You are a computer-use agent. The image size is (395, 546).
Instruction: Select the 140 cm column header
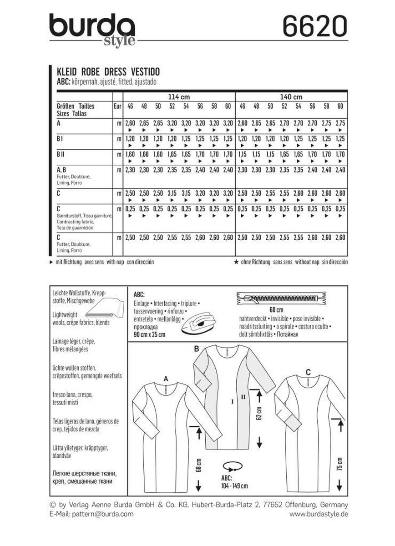[291, 97]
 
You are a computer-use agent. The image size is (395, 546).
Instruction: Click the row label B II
[61, 154]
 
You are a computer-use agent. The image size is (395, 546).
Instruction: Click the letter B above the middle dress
[197, 349]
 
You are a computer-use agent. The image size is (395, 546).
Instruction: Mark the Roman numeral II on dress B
[243, 397]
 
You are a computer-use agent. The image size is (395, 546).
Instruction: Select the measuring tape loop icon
[233, 467]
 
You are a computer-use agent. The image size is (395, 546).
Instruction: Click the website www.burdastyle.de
[319, 514]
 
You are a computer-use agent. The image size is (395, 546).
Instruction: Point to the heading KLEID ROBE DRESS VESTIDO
[108, 72]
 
